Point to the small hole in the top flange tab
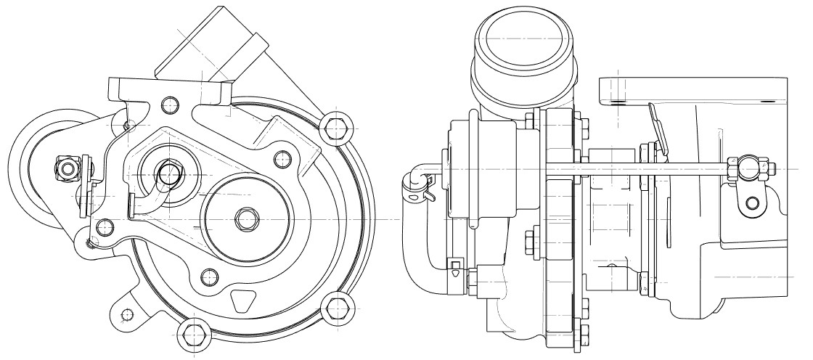[171, 103]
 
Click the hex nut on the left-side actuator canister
[68, 168]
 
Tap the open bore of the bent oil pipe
[169, 173]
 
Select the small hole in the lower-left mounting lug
[128, 314]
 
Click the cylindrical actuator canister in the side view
[482, 169]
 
